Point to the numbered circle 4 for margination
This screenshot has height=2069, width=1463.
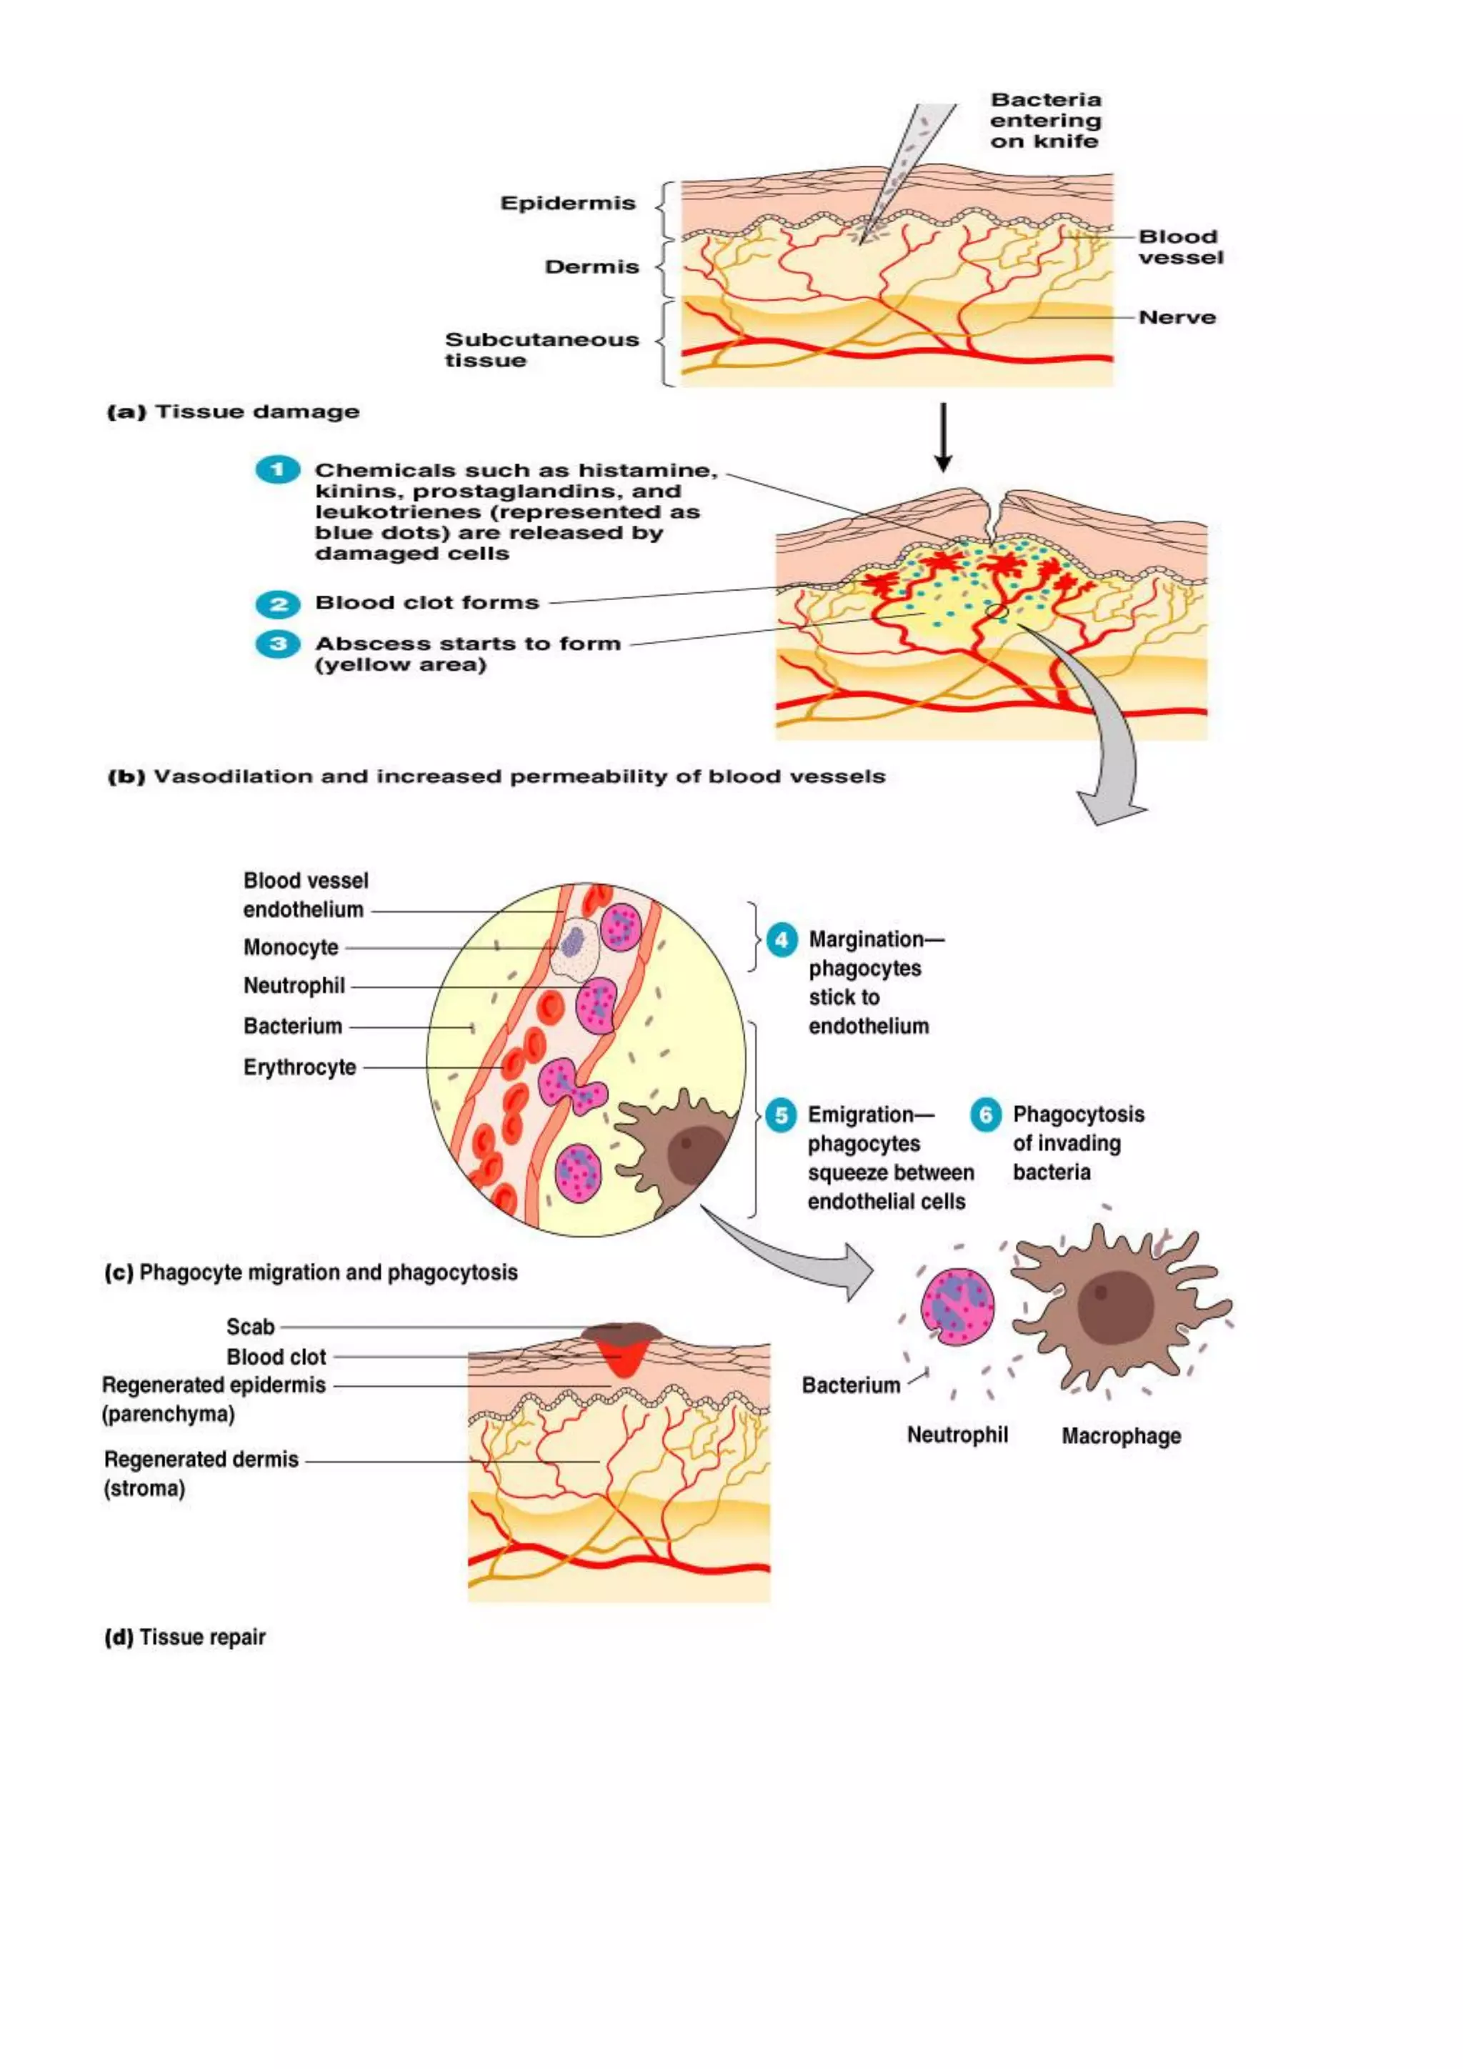click(781, 940)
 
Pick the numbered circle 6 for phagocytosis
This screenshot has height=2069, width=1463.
click(984, 1115)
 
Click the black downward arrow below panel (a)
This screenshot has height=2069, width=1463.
click(942, 437)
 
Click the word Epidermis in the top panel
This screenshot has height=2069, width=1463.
click(567, 204)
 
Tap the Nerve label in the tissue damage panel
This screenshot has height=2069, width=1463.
click(1177, 317)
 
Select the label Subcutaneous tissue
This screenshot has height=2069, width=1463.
click(541, 349)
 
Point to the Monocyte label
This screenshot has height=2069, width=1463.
click(291, 947)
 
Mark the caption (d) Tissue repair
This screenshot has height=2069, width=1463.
click(186, 1637)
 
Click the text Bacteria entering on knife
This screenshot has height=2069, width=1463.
click(1045, 120)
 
